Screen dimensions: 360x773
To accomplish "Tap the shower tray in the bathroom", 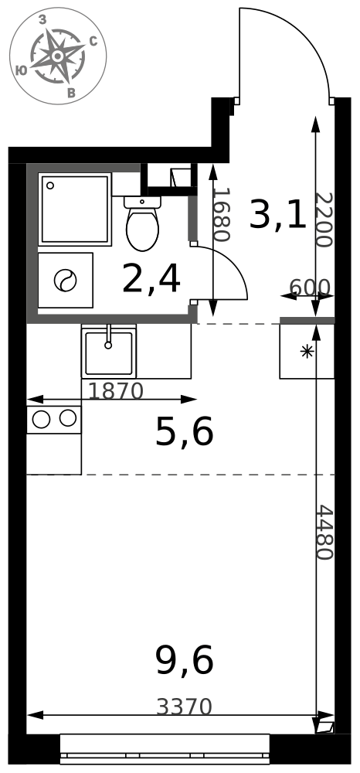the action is point(75,209).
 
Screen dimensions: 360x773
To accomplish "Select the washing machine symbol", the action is point(66,280).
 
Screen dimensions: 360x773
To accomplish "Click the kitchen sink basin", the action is point(109,353).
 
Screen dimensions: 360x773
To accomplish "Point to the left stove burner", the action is point(41,419).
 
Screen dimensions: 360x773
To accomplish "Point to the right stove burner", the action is point(68,418).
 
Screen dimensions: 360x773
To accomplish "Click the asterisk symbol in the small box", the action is point(307,352).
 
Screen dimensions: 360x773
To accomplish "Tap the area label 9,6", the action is point(184,661).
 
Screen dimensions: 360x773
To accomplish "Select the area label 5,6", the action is point(184,432).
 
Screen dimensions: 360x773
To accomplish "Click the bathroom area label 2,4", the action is point(151,279).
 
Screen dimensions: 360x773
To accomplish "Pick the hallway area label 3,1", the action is point(278,215).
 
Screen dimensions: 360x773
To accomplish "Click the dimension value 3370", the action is point(184,707).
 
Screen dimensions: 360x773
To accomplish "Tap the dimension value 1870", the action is point(116,391).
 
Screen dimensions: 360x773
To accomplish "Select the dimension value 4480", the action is point(324,532).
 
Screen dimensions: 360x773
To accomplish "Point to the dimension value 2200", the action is point(324,220).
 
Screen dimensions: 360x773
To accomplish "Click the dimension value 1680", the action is point(222,214).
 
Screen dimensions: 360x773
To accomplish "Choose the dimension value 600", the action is point(309,287).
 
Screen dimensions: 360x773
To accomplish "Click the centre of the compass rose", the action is point(58,56).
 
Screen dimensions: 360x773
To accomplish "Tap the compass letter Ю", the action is point(21,70).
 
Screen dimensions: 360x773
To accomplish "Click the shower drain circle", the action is point(49,186).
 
